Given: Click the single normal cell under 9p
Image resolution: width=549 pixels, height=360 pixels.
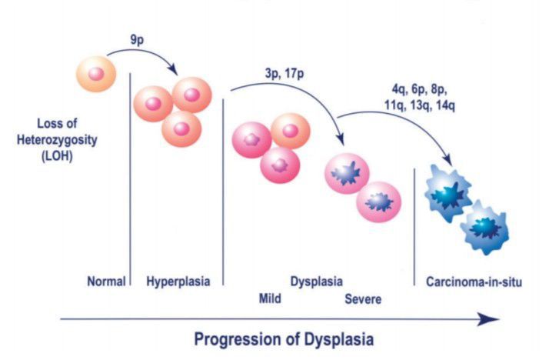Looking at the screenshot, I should (x=96, y=74).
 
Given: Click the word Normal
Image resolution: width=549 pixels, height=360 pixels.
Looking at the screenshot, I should (x=106, y=282).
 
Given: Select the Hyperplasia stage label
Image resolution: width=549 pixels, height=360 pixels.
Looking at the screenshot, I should (x=178, y=282).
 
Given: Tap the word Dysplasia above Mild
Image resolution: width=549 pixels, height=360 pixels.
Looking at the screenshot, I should (x=317, y=282).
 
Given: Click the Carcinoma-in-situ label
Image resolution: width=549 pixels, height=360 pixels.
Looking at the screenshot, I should (x=474, y=282).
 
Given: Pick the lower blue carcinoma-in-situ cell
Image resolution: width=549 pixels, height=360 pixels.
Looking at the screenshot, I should (x=485, y=226).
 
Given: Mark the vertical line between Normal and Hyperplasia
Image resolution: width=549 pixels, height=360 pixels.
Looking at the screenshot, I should (x=130, y=177).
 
